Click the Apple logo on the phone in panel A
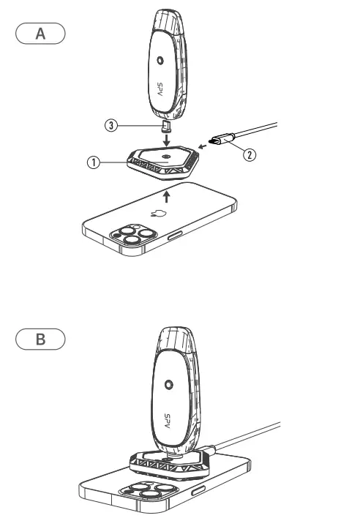(155, 215)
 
